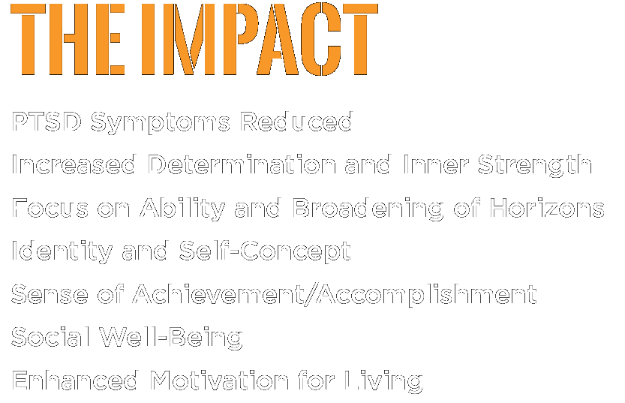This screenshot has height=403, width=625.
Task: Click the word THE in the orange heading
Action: coord(68,39)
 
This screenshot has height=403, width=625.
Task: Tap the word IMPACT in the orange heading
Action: coord(260,39)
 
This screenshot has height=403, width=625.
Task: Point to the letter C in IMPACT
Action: coord(327,39)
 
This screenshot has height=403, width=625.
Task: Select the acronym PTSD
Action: coord(47,122)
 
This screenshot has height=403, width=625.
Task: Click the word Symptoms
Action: coord(161,123)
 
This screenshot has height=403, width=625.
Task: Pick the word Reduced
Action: coord(296,121)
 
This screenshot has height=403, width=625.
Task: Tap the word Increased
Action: coord(74,164)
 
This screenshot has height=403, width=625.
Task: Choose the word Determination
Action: coord(242,164)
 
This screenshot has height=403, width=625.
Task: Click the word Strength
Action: coord(534,165)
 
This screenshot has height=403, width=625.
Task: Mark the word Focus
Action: coord(50,208)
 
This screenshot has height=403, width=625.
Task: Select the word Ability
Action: coord(182,209)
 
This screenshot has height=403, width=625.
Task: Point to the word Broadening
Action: coord(368,209)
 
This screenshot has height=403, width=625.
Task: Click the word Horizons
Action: coord(547,208)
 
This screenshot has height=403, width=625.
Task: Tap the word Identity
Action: coord(62,252)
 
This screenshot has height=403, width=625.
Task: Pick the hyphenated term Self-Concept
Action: coord(265,252)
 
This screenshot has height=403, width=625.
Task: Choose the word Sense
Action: coord(50,294)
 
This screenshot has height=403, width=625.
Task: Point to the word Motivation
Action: coord(220,380)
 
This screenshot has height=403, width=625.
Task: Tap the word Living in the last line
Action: coord(383,381)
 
